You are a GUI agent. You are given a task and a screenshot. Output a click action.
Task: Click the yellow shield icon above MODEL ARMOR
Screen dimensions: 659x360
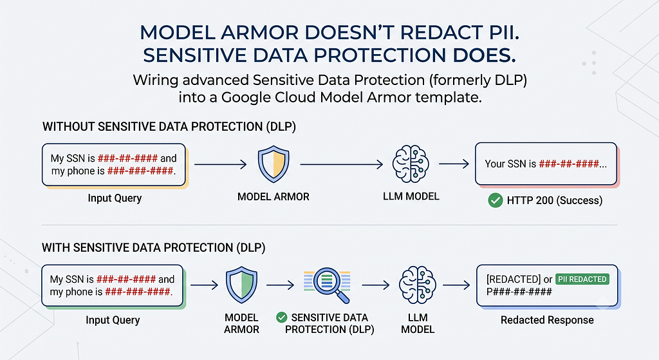tap(273, 164)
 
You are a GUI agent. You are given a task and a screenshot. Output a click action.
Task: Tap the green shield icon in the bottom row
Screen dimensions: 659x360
tap(242, 285)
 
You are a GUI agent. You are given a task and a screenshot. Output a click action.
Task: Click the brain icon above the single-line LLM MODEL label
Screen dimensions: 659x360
tap(411, 164)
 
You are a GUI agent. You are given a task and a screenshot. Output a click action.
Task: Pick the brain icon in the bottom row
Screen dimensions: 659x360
tap(417, 285)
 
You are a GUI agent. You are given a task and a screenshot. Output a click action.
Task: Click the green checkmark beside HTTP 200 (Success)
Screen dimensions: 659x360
tap(496, 200)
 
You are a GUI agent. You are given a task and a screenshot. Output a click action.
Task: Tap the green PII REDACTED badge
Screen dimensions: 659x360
tap(582, 279)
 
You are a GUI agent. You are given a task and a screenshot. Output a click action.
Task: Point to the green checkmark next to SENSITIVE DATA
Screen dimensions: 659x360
tap(282, 317)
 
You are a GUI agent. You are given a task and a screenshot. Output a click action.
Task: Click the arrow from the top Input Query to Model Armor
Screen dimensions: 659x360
tap(220, 164)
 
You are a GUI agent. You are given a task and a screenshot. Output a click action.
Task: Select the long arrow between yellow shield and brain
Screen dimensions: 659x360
tap(341, 164)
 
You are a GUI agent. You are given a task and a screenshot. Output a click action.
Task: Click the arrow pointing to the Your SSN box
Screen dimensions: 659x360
tap(454, 164)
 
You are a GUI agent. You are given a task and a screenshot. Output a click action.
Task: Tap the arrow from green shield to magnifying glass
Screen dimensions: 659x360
tap(280, 285)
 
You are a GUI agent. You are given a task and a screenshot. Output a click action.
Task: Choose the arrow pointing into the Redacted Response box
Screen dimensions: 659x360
tap(456, 285)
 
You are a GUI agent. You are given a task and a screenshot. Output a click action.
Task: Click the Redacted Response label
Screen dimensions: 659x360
tap(547, 320)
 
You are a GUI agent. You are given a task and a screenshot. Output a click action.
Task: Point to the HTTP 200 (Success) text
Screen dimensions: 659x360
tap(554, 200)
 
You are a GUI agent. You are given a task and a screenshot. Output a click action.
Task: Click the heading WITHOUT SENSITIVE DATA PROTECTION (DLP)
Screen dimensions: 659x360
tap(169, 127)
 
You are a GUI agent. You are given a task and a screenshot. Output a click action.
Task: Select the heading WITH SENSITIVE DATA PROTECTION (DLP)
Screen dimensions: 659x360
tap(153, 248)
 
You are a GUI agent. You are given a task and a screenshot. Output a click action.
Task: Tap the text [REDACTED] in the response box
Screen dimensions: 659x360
tap(513, 279)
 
